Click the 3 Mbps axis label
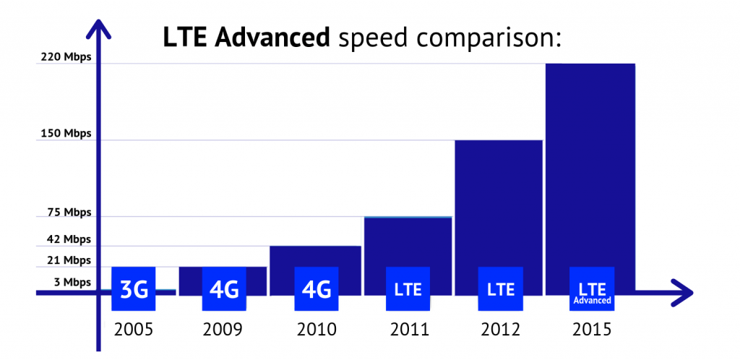pyautogui.click(x=72, y=282)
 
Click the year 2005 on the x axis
pyautogui.click(x=134, y=330)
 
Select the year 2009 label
pyautogui.click(x=223, y=330)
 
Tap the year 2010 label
pyautogui.click(x=317, y=330)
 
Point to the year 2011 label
pyautogui.click(x=409, y=330)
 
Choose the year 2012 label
pyautogui.click(x=501, y=330)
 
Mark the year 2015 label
pyautogui.click(x=592, y=330)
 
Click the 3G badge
pyautogui.click(x=134, y=289)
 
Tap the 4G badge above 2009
pyautogui.click(x=224, y=289)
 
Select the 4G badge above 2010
pyautogui.click(x=317, y=289)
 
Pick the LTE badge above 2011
pyautogui.click(x=408, y=289)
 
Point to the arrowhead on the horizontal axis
pyautogui.click(x=682, y=292)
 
